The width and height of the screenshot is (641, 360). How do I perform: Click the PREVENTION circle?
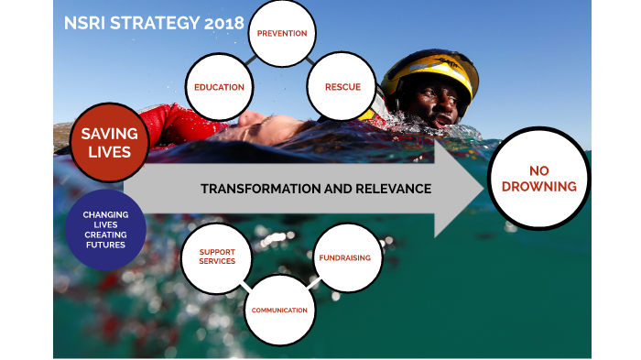click(x=281, y=34)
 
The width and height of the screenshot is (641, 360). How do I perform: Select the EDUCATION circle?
click(x=219, y=88)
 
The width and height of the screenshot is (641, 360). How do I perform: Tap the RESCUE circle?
click(x=342, y=88)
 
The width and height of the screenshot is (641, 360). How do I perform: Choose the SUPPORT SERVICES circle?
click(x=217, y=256)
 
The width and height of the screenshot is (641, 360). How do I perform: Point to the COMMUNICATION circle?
click(x=279, y=310)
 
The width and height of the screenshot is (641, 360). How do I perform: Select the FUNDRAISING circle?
click(x=344, y=258)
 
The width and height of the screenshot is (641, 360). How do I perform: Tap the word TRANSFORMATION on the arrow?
click(x=251, y=189)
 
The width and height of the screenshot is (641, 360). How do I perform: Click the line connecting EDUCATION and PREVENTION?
click(x=247, y=62)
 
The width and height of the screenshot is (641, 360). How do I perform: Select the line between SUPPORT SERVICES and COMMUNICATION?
click(x=246, y=285)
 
